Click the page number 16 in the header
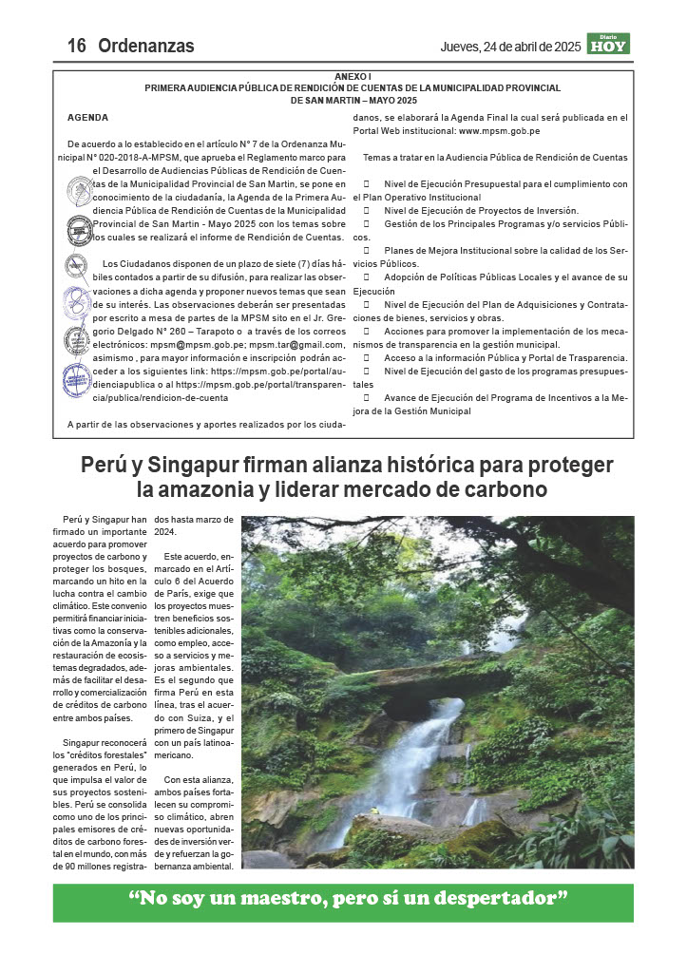pyautogui.click(x=77, y=46)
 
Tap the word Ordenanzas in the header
pyautogui.click(x=145, y=46)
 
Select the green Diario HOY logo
pyautogui.click(x=607, y=44)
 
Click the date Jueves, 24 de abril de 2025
pyautogui.click(x=510, y=47)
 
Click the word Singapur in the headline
pyautogui.click(x=202, y=466)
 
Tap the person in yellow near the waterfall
pyautogui.click(x=374, y=811)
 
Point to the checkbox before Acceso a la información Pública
pyautogui.click(x=366, y=357)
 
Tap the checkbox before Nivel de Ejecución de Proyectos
pyautogui.click(x=366, y=210)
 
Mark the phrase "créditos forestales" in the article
pyautogui.click(x=105, y=755)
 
